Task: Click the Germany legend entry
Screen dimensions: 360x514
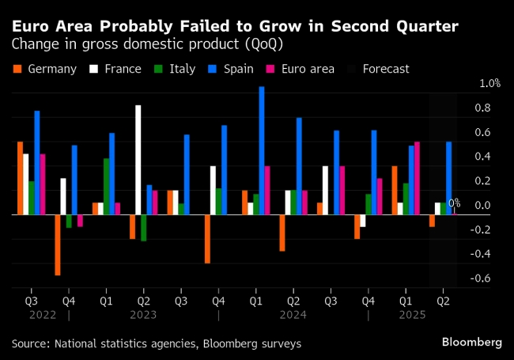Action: (x=46, y=69)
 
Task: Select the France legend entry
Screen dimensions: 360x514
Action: (x=113, y=69)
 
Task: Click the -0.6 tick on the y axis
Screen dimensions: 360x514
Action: (x=480, y=279)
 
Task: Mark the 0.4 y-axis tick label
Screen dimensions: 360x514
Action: (x=482, y=157)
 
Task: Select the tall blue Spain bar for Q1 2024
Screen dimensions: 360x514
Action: (x=261, y=150)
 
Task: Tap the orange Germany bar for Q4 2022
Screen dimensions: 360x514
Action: (x=58, y=244)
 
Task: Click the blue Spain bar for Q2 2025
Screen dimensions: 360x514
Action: (x=449, y=178)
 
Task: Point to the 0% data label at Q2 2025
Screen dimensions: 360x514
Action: (x=454, y=203)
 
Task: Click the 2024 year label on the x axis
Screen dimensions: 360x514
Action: (x=292, y=315)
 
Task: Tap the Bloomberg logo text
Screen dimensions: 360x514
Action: (x=471, y=343)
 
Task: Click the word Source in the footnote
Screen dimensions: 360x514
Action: (x=29, y=343)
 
